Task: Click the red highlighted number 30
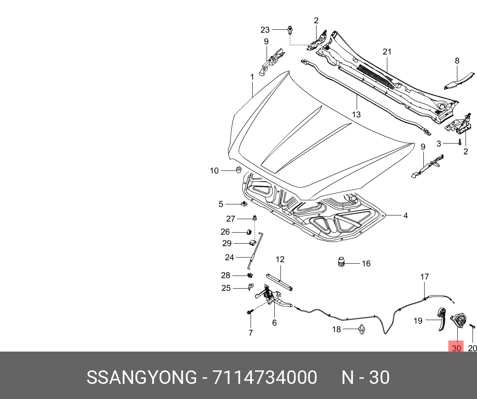[x=456, y=348]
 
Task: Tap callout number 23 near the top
[x=265, y=29]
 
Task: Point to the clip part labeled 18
[x=362, y=330]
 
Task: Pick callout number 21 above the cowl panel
[x=387, y=52]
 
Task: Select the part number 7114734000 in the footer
[x=264, y=377]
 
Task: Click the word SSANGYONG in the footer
[x=142, y=377]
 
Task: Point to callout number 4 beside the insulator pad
[x=405, y=215]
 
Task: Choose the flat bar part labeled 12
[x=281, y=282]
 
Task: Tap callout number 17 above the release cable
[x=425, y=277]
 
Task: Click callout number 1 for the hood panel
[x=252, y=77]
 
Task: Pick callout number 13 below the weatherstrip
[x=356, y=114]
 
